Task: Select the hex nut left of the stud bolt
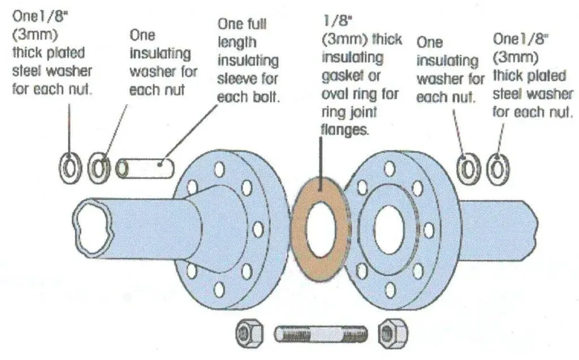(x=248, y=333)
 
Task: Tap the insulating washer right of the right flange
(x=469, y=167)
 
